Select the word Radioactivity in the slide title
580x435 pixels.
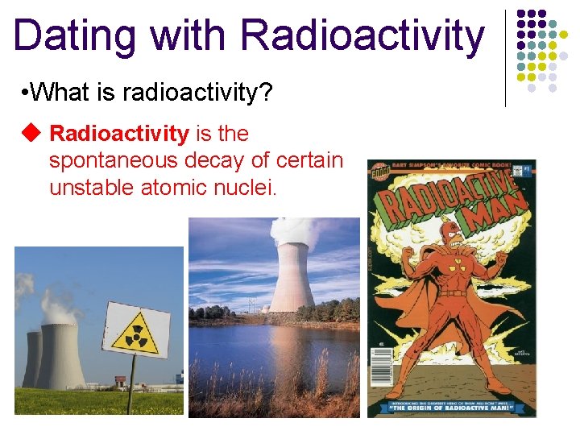(x=362, y=36)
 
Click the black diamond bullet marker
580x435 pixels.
(x=31, y=133)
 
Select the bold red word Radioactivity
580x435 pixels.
(x=119, y=133)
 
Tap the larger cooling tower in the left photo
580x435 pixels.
(x=61, y=354)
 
